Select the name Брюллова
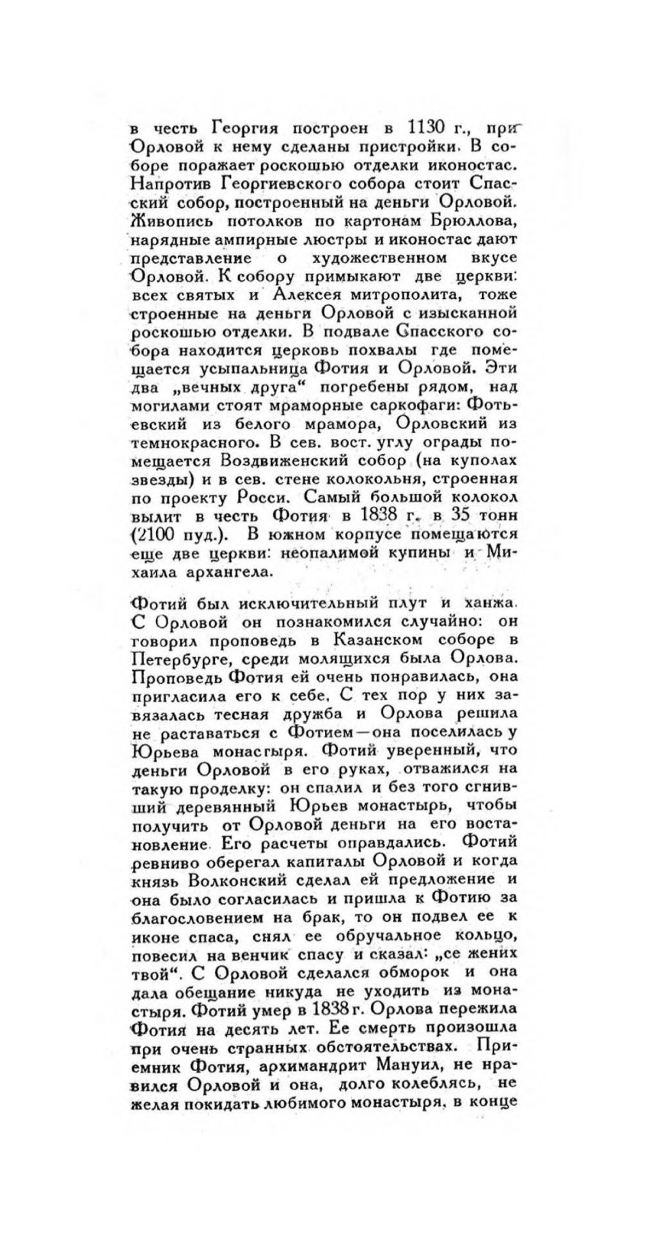465,221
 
